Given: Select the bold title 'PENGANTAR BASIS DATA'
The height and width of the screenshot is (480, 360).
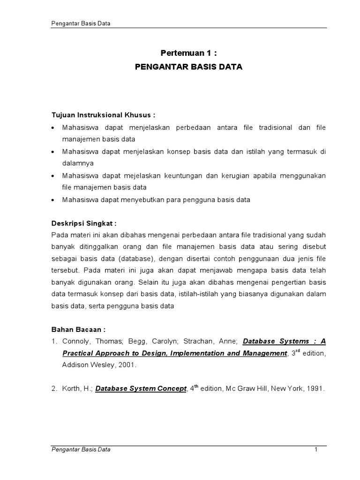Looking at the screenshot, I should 188,67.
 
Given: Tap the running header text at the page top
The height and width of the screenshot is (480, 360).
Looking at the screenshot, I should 80,23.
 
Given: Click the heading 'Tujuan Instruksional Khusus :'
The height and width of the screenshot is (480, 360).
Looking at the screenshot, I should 103,116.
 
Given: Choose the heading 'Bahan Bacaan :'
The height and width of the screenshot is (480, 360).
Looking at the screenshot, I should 78,330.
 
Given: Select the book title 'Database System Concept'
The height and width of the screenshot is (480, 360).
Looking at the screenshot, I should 141,389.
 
